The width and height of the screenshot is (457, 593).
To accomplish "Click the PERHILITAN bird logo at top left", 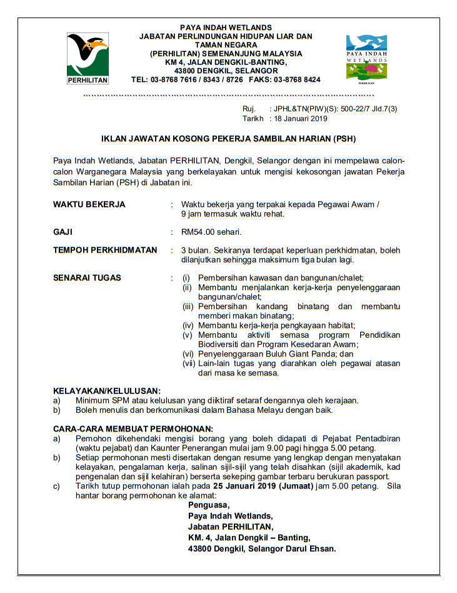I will pos(88,58).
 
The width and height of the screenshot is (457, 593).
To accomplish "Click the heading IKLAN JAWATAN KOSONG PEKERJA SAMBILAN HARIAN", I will pos(229,139).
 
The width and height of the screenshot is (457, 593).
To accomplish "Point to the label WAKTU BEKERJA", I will pos(89,205).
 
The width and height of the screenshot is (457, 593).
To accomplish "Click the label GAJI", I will pos(63,232).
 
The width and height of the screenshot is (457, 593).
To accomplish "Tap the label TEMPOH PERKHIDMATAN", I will pos(105,250).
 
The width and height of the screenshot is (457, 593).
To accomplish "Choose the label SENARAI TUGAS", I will pos(88,278).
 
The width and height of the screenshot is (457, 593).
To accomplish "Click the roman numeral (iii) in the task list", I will pos(188,307).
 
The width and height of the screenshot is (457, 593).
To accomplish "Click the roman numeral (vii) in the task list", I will pos(188,363).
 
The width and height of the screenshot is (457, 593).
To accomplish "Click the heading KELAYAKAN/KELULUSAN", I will pos(107,390).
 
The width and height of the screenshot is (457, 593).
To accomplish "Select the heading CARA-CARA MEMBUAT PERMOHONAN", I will pos(133,428).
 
